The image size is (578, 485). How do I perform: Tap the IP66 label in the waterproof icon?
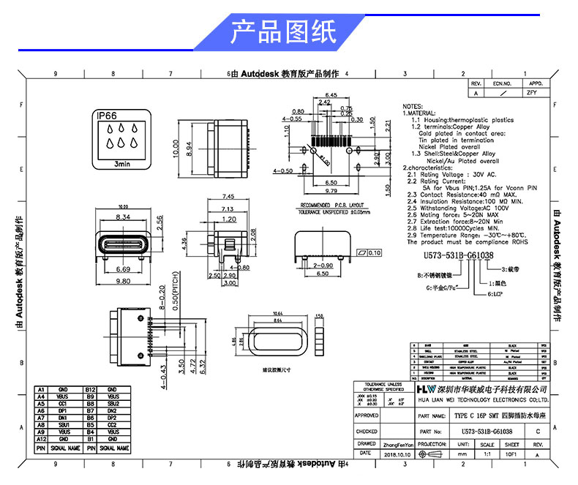pyautogui.click(x=107, y=116)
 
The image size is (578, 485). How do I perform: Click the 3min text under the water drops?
pyautogui.click(x=122, y=165)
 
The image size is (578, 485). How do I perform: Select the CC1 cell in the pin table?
pyautogui.click(x=63, y=404)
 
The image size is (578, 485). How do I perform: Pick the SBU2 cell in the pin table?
pyautogui.click(x=112, y=404)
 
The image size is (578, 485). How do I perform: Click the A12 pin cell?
pyautogui.click(x=41, y=439)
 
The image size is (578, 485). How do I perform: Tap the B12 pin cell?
pyautogui.click(x=90, y=389)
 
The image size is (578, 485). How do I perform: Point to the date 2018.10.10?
pyautogui.click(x=395, y=454)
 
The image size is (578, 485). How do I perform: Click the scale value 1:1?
pyautogui.click(x=487, y=454)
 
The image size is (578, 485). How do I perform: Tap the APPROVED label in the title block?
pyautogui.click(x=367, y=416)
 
